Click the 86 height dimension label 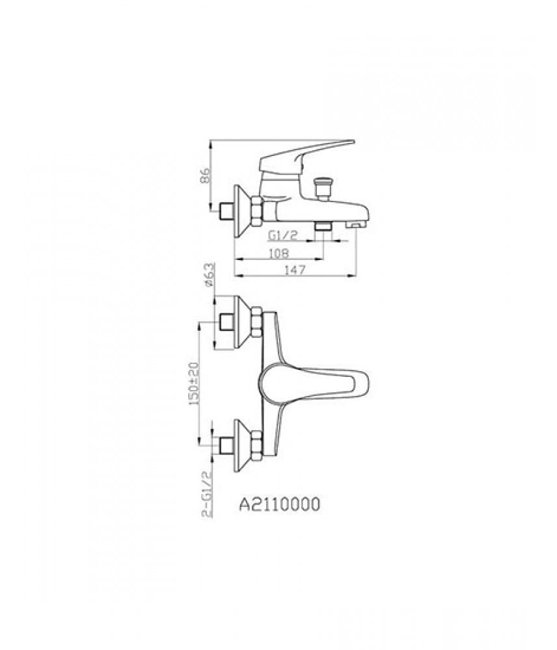click(206, 176)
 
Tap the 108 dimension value click(278, 253)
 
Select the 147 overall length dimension click(295, 270)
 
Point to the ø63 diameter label click(209, 274)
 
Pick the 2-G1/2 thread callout click(207, 495)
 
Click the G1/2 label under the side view click(283, 235)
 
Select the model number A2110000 click(280, 504)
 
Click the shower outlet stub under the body click(323, 226)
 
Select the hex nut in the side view click(257, 211)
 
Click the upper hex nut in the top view click(257, 322)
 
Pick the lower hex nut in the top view click(257, 445)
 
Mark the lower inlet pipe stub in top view click(227, 445)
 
